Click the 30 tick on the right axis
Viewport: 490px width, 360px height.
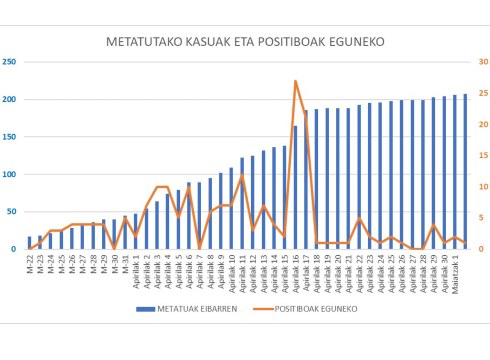coord(480,62)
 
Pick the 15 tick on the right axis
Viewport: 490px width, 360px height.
coord(480,156)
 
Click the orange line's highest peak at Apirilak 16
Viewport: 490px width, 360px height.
coord(295,81)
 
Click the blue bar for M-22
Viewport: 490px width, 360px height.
coord(29,243)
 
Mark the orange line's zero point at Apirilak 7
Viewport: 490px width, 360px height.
coord(199,249)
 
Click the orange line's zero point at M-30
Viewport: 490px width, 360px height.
coord(114,249)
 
